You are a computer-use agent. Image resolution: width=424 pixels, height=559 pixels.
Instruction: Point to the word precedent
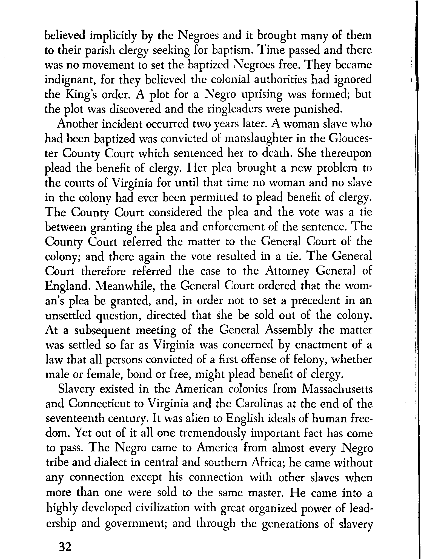321,301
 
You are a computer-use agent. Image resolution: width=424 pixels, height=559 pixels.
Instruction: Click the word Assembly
289,330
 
